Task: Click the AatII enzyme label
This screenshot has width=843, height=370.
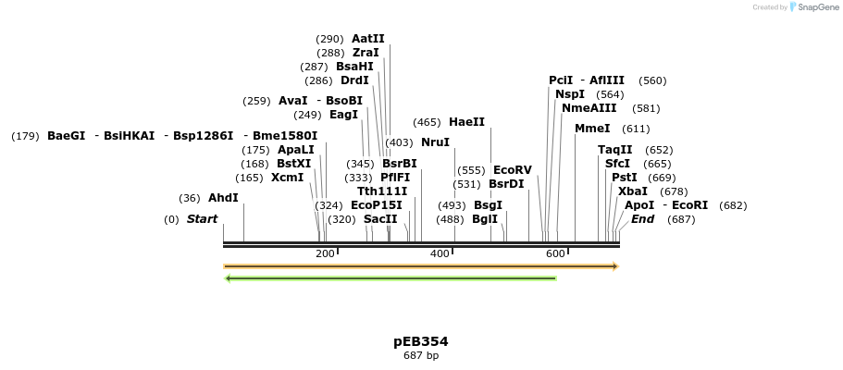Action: pos(367,39)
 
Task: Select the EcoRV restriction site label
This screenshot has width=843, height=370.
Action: pos(512,170)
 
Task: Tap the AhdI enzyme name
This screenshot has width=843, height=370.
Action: pos(223,198)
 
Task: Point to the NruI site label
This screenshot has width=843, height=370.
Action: pos(435,142)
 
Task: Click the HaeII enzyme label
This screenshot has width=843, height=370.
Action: pos(466,122)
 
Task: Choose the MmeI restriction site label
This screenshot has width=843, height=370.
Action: pos(592,129)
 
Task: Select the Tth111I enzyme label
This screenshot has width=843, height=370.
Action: pos(382,191)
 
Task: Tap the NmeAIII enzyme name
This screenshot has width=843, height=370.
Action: pos(589,108)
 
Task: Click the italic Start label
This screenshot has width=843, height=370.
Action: pos(202,219)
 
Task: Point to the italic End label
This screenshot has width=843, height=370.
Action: pos(643,219)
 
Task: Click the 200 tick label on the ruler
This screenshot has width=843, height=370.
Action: pos(325,254)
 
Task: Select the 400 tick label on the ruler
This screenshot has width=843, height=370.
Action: pos(440,254)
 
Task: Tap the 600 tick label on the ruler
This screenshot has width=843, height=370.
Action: pos(554,254)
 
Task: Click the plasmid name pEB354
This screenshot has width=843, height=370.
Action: pos(421,341)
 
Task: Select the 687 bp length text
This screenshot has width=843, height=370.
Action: pos(421,356)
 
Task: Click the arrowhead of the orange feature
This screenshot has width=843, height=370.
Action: pos(614,266)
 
